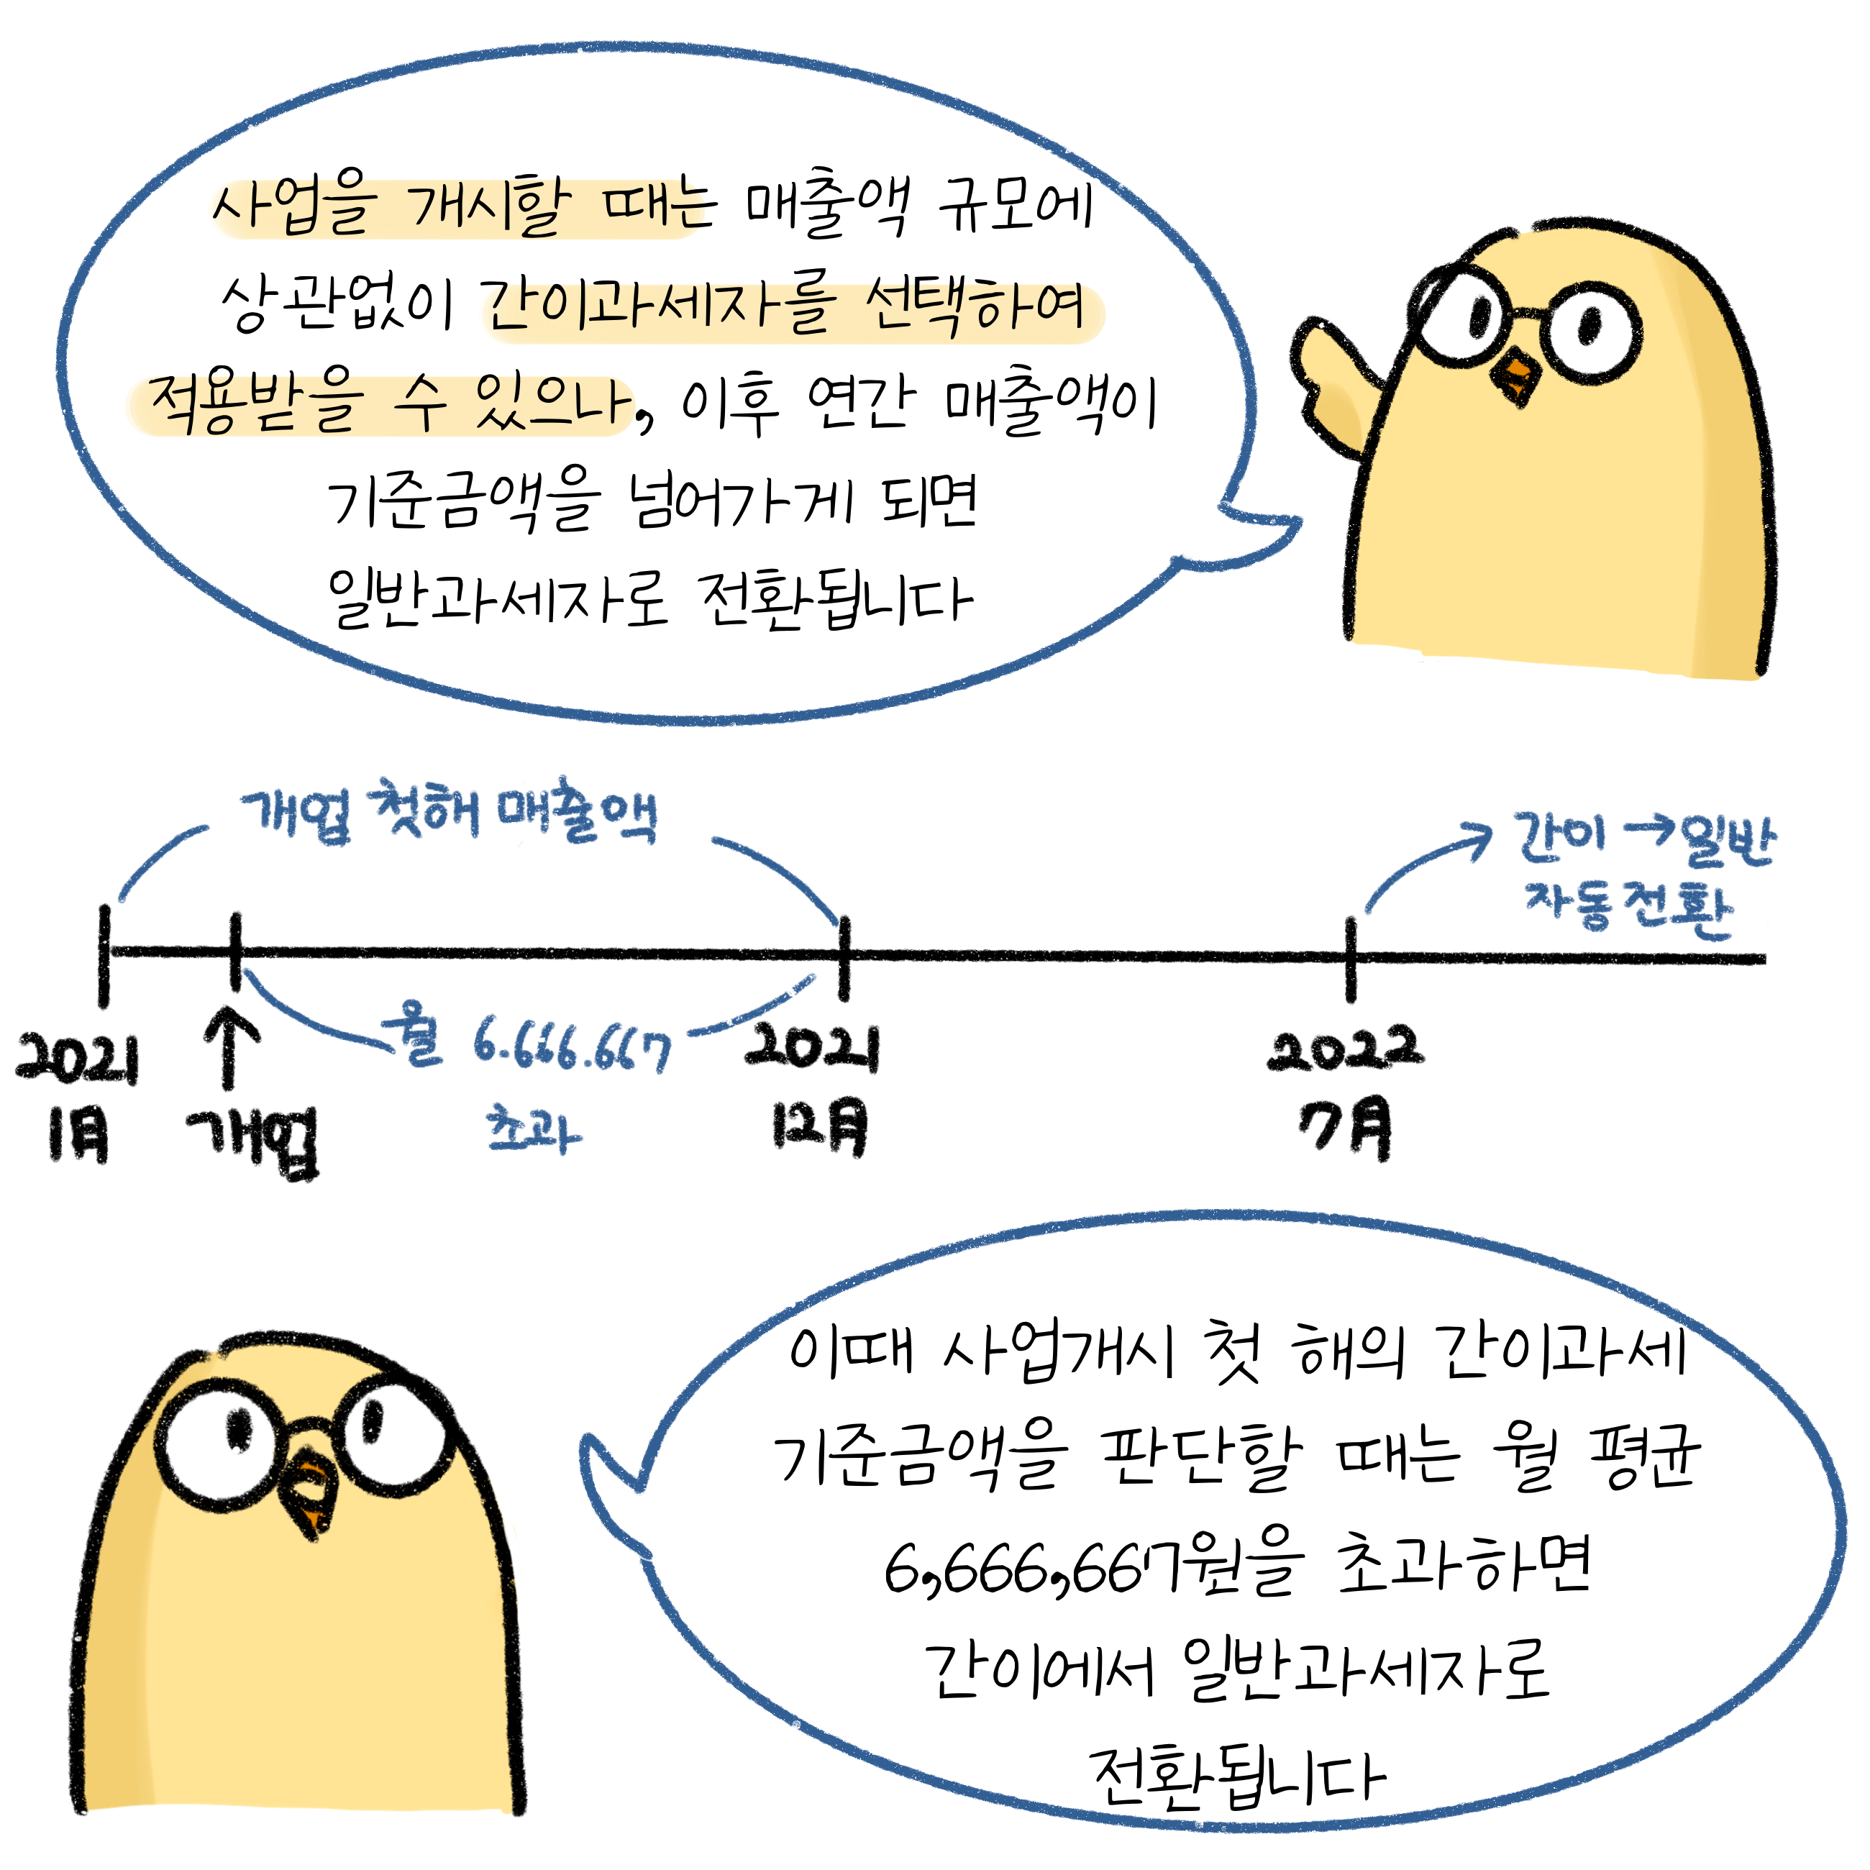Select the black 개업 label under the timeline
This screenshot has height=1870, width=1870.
coord(254,1142)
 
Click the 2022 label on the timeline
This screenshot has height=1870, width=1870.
coord(1346,1050)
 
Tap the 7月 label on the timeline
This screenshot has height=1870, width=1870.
coord(1346,1128)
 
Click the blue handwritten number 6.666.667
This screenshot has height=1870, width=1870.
coord(571,1047)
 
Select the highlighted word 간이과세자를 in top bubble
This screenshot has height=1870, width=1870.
coord(658,308)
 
